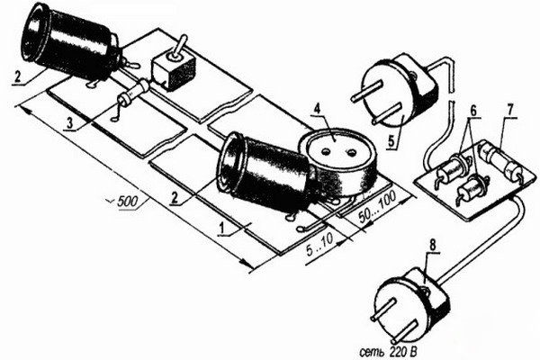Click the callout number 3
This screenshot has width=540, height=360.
tap(70, 123)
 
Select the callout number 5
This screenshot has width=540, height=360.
tap(391, 140)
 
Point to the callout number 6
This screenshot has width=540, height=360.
tap(473, 111)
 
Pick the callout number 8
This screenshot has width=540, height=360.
tap(433, 246)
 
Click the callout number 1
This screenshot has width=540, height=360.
tap(223, 228)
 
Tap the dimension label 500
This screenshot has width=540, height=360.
tap(127, 202)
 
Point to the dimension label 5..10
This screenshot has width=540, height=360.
tap(319, 246)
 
